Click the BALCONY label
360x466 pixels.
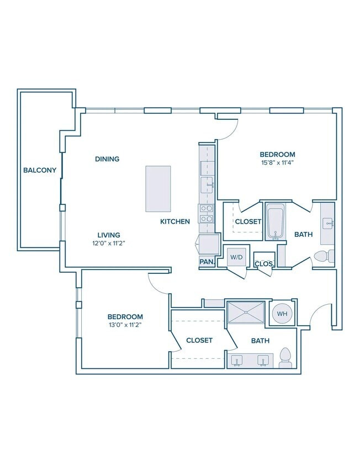(40, 170)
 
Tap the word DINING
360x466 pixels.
(107, 159)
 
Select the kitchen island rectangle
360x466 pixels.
(158, 189)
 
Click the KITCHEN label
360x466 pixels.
(175, 221)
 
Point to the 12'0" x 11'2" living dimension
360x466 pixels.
(109, 243)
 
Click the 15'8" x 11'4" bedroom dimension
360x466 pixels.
(277, 162)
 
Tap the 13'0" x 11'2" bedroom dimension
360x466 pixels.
(125, 325)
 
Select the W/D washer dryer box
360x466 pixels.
(237, 257)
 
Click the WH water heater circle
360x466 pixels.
(282, 314)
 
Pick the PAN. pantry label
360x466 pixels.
(207, 262)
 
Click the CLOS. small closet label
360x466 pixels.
(264, 264)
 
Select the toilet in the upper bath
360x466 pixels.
(324, 257)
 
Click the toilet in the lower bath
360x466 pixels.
(285, 358)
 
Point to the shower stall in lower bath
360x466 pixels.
(246, 312)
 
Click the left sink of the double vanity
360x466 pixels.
(237, 361)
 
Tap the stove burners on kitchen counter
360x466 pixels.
(207, 214)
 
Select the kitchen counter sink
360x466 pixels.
(207, 185)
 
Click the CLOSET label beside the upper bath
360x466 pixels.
(248, 222)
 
